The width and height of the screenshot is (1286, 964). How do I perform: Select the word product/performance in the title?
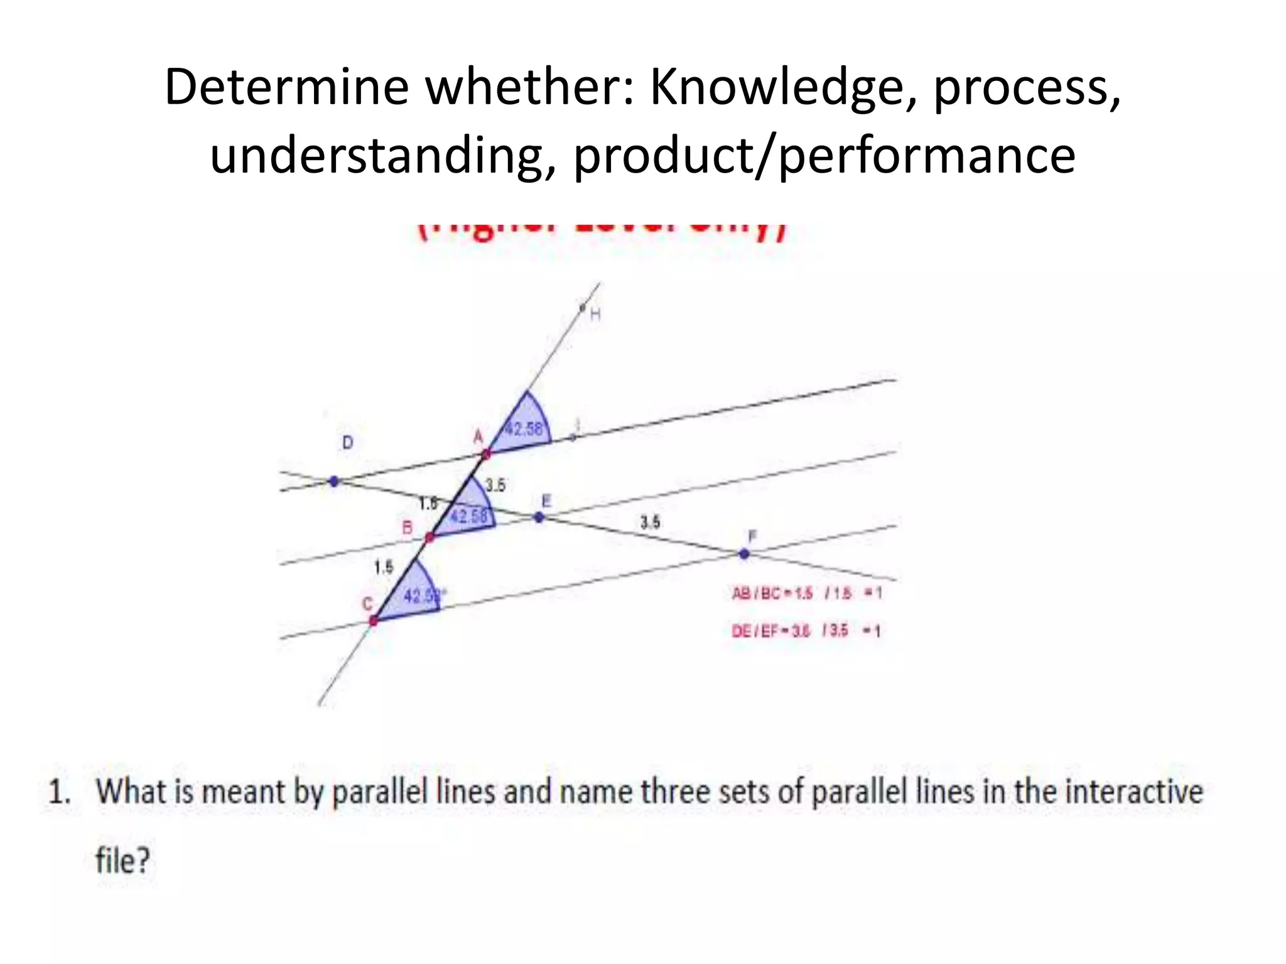(x=824, y=156)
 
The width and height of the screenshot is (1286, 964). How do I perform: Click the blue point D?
(x=334, y=481)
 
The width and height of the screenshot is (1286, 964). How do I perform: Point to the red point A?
(x=486, y=453)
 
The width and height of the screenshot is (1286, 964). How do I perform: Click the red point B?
(x=430, y=537)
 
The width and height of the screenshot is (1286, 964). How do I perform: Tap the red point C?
(x=374, y=621)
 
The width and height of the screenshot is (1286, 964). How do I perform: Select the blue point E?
(x=539, y=518)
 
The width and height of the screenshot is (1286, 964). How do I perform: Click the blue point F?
(x=744, y=554)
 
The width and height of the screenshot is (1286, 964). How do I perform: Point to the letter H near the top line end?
(x=595, y=314)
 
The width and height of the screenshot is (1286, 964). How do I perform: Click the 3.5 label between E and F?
(x=650, y=522)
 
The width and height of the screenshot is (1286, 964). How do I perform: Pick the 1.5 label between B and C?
(x=383, y=567)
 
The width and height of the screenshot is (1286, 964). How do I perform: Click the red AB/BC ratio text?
(x=806, y=593)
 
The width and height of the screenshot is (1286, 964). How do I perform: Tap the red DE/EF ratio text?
(x=806, y=631)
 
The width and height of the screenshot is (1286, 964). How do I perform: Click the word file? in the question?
(x=123, y=860)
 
